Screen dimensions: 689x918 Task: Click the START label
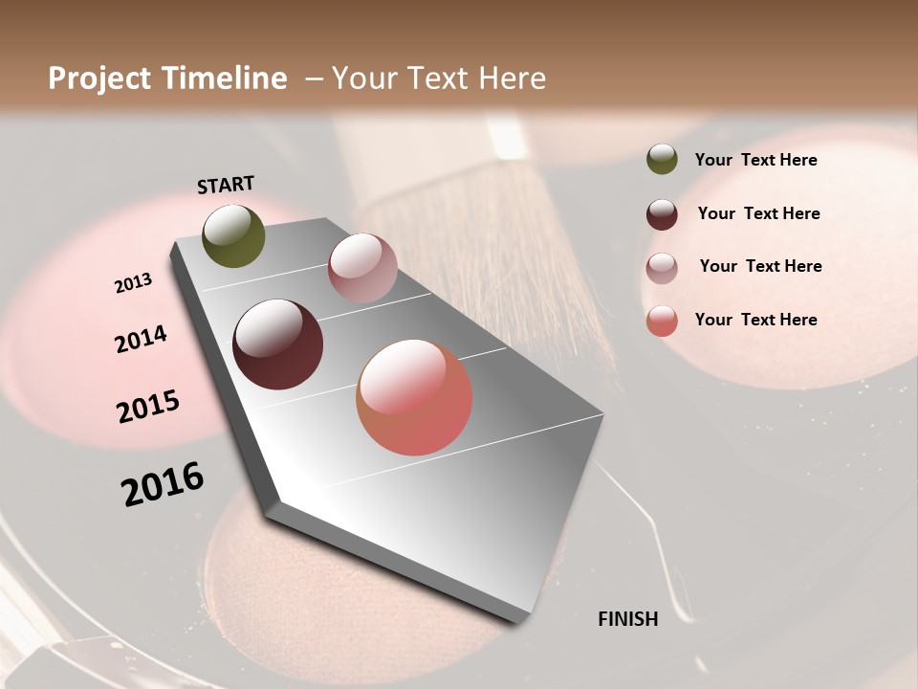[226, 185]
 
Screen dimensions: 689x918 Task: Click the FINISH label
[627, 619]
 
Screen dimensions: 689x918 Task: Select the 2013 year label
[133, 283]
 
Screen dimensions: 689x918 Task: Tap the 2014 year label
[141, 340]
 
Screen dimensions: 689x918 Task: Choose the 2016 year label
[163, 484]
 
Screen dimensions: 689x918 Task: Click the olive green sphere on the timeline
[234, 235]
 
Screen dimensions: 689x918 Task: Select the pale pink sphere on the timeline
[362, 268]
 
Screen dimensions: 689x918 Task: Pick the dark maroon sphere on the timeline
[277, 344]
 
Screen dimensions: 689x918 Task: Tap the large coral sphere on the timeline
[414, 397]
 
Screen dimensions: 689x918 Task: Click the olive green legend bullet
[662, 159]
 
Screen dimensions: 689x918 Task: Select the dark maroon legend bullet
[662, 213]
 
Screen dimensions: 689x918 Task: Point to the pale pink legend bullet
[662, 267]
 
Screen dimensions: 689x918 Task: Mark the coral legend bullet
[662, 321]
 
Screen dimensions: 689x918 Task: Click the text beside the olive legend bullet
[755, 160]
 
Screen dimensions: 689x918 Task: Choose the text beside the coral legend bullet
[755, 320]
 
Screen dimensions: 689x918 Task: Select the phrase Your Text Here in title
[438, 78]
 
